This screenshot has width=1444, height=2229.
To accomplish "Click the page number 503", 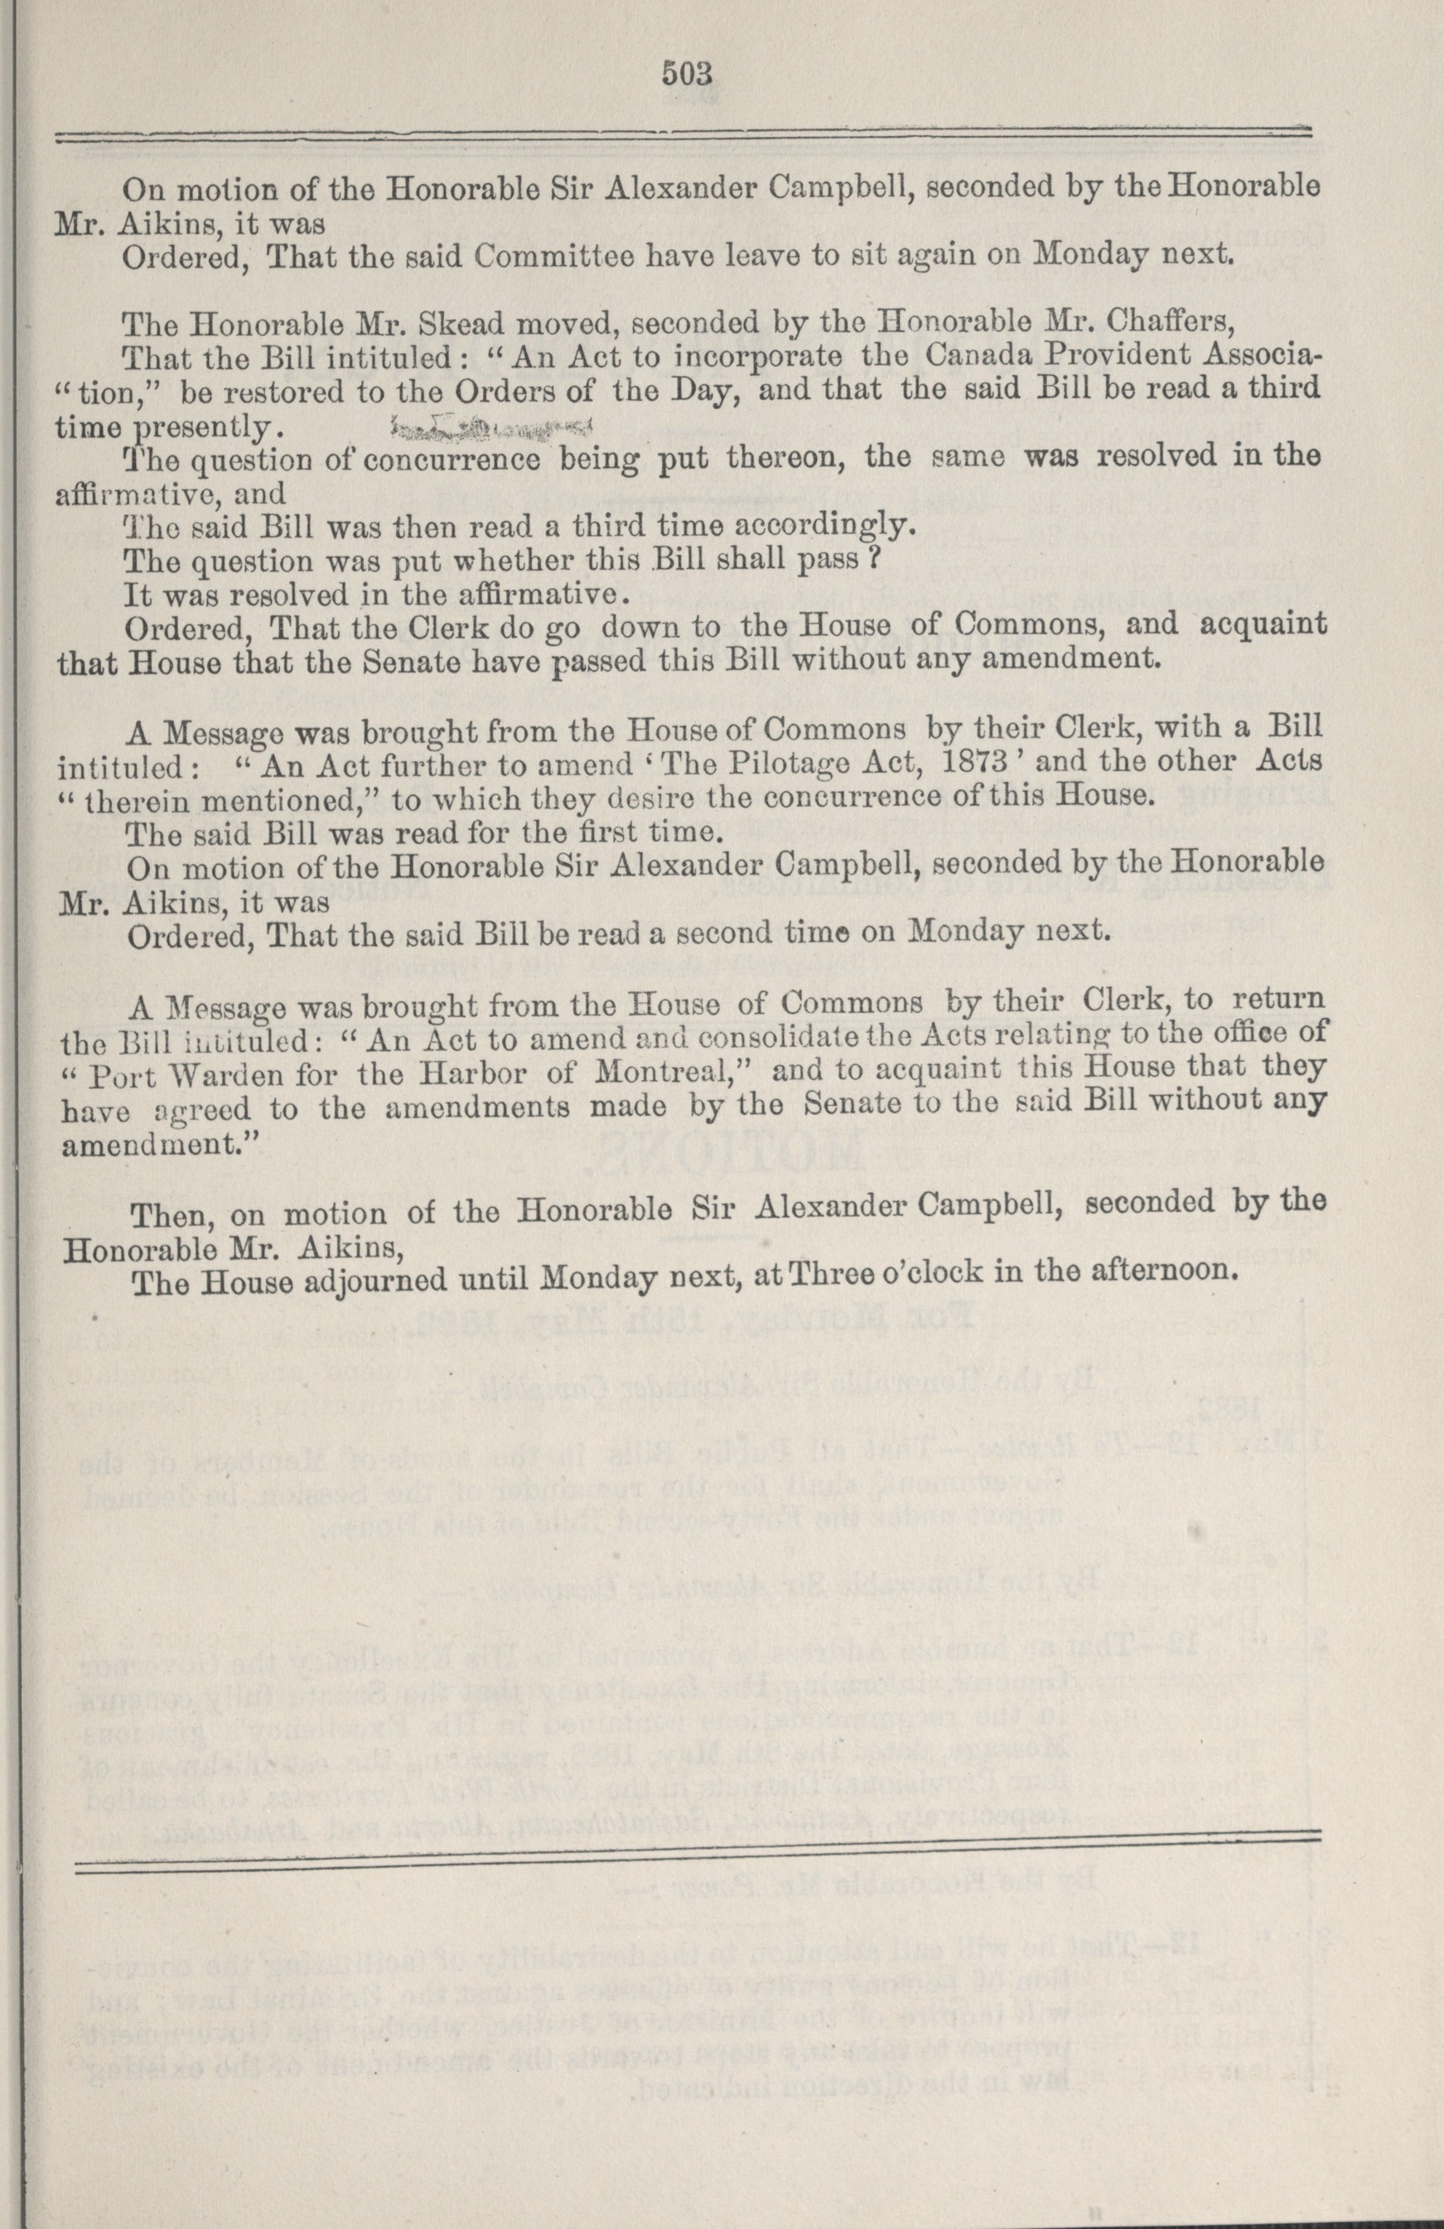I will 688,73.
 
